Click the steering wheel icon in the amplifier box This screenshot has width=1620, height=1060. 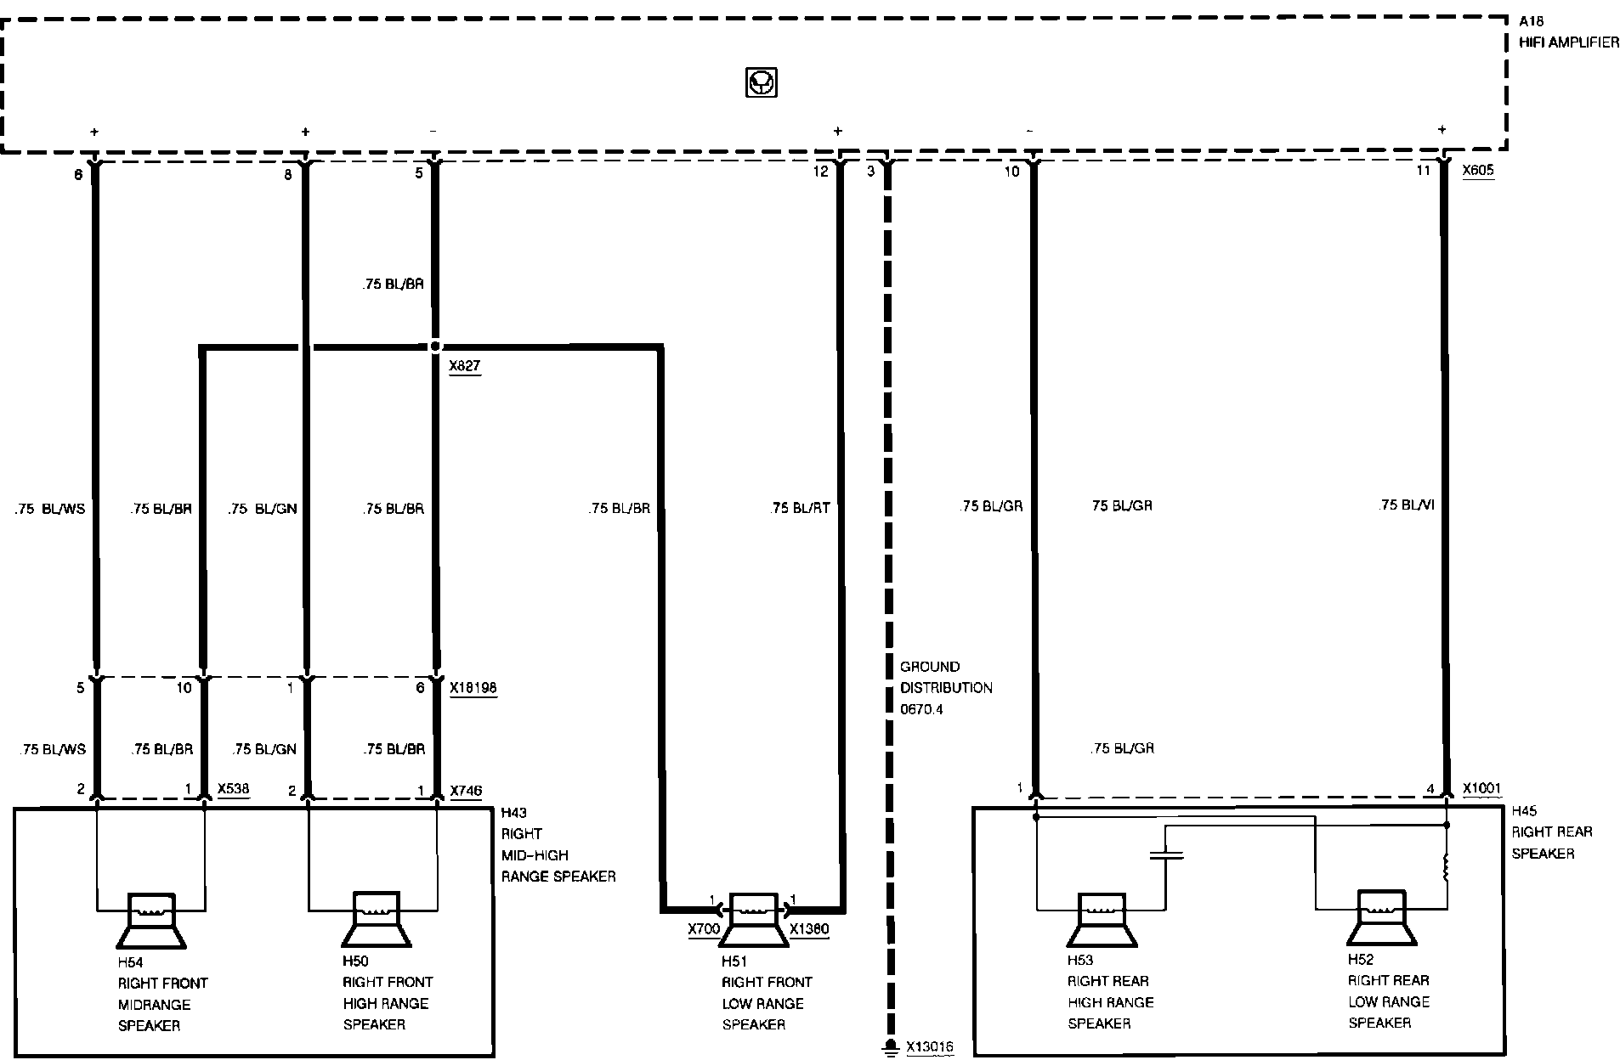click(x=761, y=83)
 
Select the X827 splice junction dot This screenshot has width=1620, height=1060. click(x=435, y=347)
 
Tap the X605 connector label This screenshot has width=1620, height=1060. click(x=1478, y=170)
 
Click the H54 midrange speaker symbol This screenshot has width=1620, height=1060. click(x=150, y=921)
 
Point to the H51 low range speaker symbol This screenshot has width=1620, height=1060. click(x=754, y=919)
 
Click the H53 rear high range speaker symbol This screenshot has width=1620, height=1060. click(x=1102, y=920)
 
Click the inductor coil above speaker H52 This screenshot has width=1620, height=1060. click(x=1447, y=869)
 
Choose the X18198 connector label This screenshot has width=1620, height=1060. click(x=473, y=688)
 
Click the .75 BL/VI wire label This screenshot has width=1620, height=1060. click(x=1406, y=505)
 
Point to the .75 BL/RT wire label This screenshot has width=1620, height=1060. click(x=799, y=509)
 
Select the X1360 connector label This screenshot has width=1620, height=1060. click(x=809, y=929)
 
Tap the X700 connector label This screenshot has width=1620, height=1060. click(x=704, y=929)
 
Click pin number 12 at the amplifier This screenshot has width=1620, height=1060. click(x=819, y=172)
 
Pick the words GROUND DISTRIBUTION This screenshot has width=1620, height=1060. click(x=946, y=677)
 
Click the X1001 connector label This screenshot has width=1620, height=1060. click(x=1481, y=788)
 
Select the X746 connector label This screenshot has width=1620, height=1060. click(x=466, y=791)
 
